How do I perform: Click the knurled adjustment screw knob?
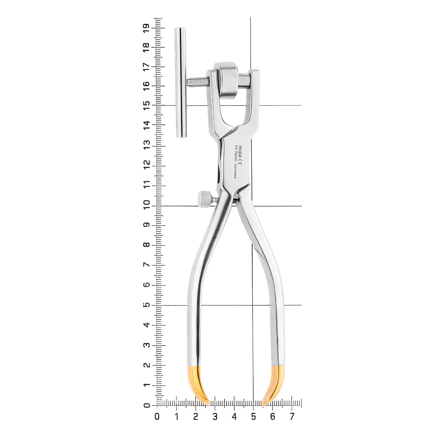[x=205, y=199]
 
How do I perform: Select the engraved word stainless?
[x=235, y=171]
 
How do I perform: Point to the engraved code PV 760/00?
[x=236, y=154]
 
